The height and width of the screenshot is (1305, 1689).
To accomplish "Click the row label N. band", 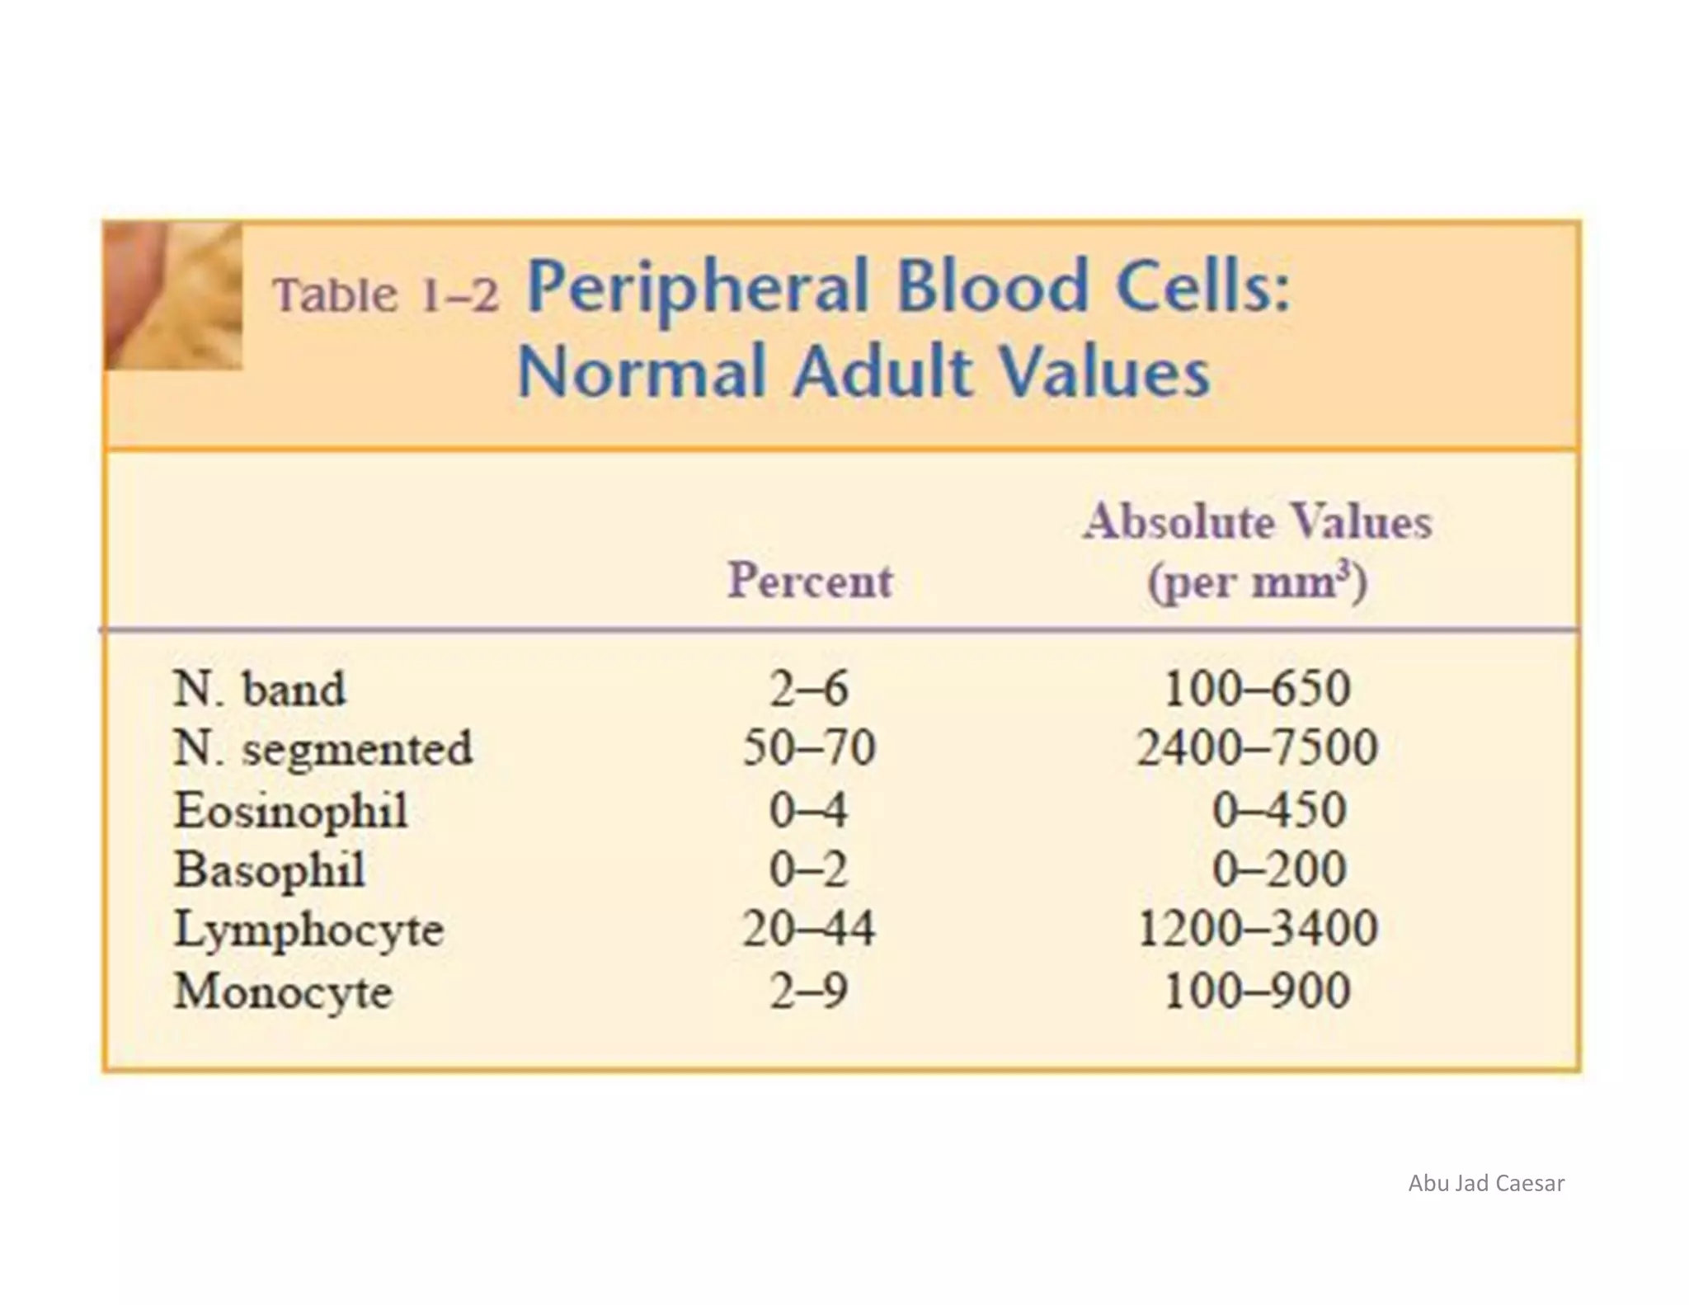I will click(259, 689).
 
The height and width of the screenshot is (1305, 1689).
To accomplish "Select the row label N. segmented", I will click(323, 749).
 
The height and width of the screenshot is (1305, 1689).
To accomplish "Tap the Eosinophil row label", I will click(291, 810).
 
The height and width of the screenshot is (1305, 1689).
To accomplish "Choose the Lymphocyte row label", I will click(309, 930).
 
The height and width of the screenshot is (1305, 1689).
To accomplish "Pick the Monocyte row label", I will click(283, 991).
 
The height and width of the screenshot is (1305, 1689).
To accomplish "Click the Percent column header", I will click(810, 580).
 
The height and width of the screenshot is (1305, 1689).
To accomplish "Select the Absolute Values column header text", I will click(1258, 522).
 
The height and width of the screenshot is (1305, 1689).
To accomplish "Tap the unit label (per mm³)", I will click(1258, 582).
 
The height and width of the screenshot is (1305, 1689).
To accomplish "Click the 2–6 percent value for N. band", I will click(808, 689).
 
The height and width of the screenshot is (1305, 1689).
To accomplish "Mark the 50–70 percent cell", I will click(808, 749).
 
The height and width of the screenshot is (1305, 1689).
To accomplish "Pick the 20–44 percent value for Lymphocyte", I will click(808, 930).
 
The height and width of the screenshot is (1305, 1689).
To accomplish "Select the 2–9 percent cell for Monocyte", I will click(808, 991).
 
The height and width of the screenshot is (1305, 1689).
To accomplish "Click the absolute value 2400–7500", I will click(1258, 749).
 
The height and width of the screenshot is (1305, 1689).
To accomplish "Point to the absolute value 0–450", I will click(1279, 810).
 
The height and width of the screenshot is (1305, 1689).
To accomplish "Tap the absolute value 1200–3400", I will click(1258, 930).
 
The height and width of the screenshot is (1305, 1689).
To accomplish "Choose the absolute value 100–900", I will click(1258, 991).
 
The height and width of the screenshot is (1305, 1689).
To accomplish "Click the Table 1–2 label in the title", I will click(386, 295).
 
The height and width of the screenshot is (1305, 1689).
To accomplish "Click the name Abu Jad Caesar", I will click(1486, 1184).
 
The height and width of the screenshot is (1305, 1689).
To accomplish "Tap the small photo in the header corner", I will click(174, 296).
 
